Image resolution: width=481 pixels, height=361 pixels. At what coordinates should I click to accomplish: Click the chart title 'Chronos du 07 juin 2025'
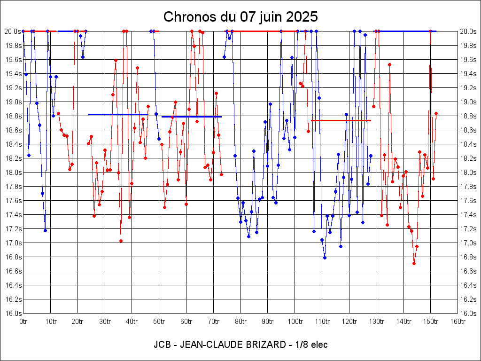[x=240, y=17]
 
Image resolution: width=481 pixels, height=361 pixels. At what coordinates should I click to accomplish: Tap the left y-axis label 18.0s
[x=13, y=173]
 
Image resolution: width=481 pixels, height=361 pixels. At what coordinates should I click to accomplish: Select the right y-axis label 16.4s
[x=468, y=285]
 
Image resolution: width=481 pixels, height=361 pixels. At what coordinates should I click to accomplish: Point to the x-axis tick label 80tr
[x=240, y=322]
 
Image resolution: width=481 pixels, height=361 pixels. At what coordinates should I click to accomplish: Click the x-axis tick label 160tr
[x=458, y=322]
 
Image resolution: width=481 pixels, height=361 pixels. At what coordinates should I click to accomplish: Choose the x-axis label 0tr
[x=23, y=322]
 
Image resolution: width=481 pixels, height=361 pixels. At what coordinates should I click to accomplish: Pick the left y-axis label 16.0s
[x=13, y=314]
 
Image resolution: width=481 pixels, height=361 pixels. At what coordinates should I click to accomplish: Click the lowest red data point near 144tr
[x=414, y=263]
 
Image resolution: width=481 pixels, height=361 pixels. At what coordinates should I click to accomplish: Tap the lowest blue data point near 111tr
[x=325, y=258]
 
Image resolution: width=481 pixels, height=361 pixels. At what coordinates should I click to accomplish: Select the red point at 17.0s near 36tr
[x=121, y=241]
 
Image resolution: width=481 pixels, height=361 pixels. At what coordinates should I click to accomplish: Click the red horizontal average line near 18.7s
[x=341, y=120]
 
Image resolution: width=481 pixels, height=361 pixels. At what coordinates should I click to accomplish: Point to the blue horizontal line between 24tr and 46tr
[x=118, y=114]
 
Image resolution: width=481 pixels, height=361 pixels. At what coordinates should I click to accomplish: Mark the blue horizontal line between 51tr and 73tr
[x=191, y=117]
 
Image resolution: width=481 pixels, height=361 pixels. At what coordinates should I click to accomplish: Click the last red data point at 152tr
[x=436, y=113]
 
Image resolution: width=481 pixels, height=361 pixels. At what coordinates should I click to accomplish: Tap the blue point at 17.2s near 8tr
[x=45, y=230]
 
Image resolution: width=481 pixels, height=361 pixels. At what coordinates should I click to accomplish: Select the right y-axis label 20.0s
[x=468, y=31]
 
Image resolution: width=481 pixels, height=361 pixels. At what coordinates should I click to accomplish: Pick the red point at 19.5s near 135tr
[x=389, y=64]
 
